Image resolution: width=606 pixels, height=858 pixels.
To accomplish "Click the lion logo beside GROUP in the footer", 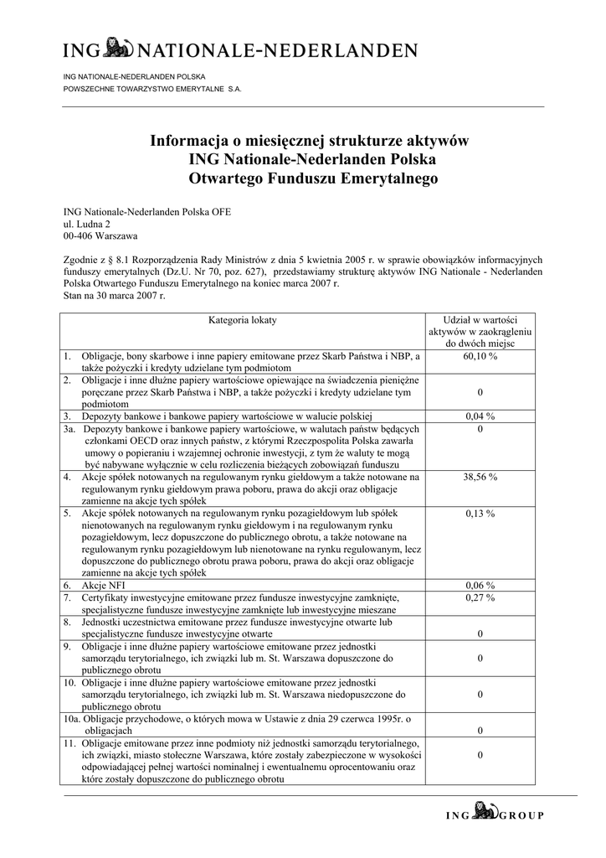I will click(485, 810).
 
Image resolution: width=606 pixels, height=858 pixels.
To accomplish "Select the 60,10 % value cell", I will click(480, 357).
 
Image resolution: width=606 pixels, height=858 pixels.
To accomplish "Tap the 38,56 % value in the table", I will click(480, 477).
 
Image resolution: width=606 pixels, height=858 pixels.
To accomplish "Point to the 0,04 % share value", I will click(480, 416).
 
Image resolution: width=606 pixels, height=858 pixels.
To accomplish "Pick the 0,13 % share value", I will click(480, 514).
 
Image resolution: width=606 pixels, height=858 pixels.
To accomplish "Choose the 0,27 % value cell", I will click(480, 598).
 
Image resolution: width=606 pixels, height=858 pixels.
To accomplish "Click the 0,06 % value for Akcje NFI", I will click(480, 586).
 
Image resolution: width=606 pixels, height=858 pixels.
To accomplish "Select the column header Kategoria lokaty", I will click(242, 321).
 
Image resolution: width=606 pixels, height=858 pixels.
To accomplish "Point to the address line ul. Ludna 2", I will click(87, 225).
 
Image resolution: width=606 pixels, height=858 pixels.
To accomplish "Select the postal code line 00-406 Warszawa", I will click(101, 236).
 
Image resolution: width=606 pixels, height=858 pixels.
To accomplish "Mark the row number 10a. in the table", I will click(71, 719).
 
